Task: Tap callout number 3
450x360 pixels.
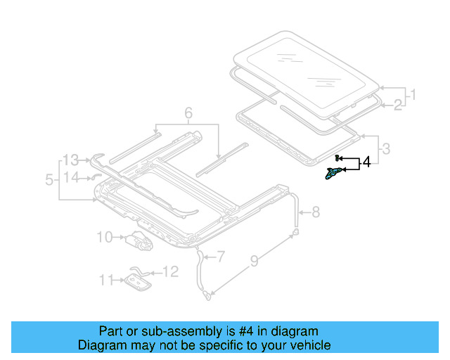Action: click(x=385, y=148)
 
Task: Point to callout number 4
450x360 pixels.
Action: click(x=366, y=164)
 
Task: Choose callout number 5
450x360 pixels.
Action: click(x=49, y=179)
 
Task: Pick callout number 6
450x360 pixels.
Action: click(x=188, y=112)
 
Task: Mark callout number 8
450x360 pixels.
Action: click(x=316, y=210)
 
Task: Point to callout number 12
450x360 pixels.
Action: click(x=171, y=270)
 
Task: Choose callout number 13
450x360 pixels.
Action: click(x=72, y=159)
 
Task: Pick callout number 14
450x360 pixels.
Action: click(x=72, y=177)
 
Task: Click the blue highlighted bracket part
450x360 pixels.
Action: click(x=334, y=174)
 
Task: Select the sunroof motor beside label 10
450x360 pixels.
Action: click(x=139, y=241)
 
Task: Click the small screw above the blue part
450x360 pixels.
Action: click(x=338, y=157)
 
